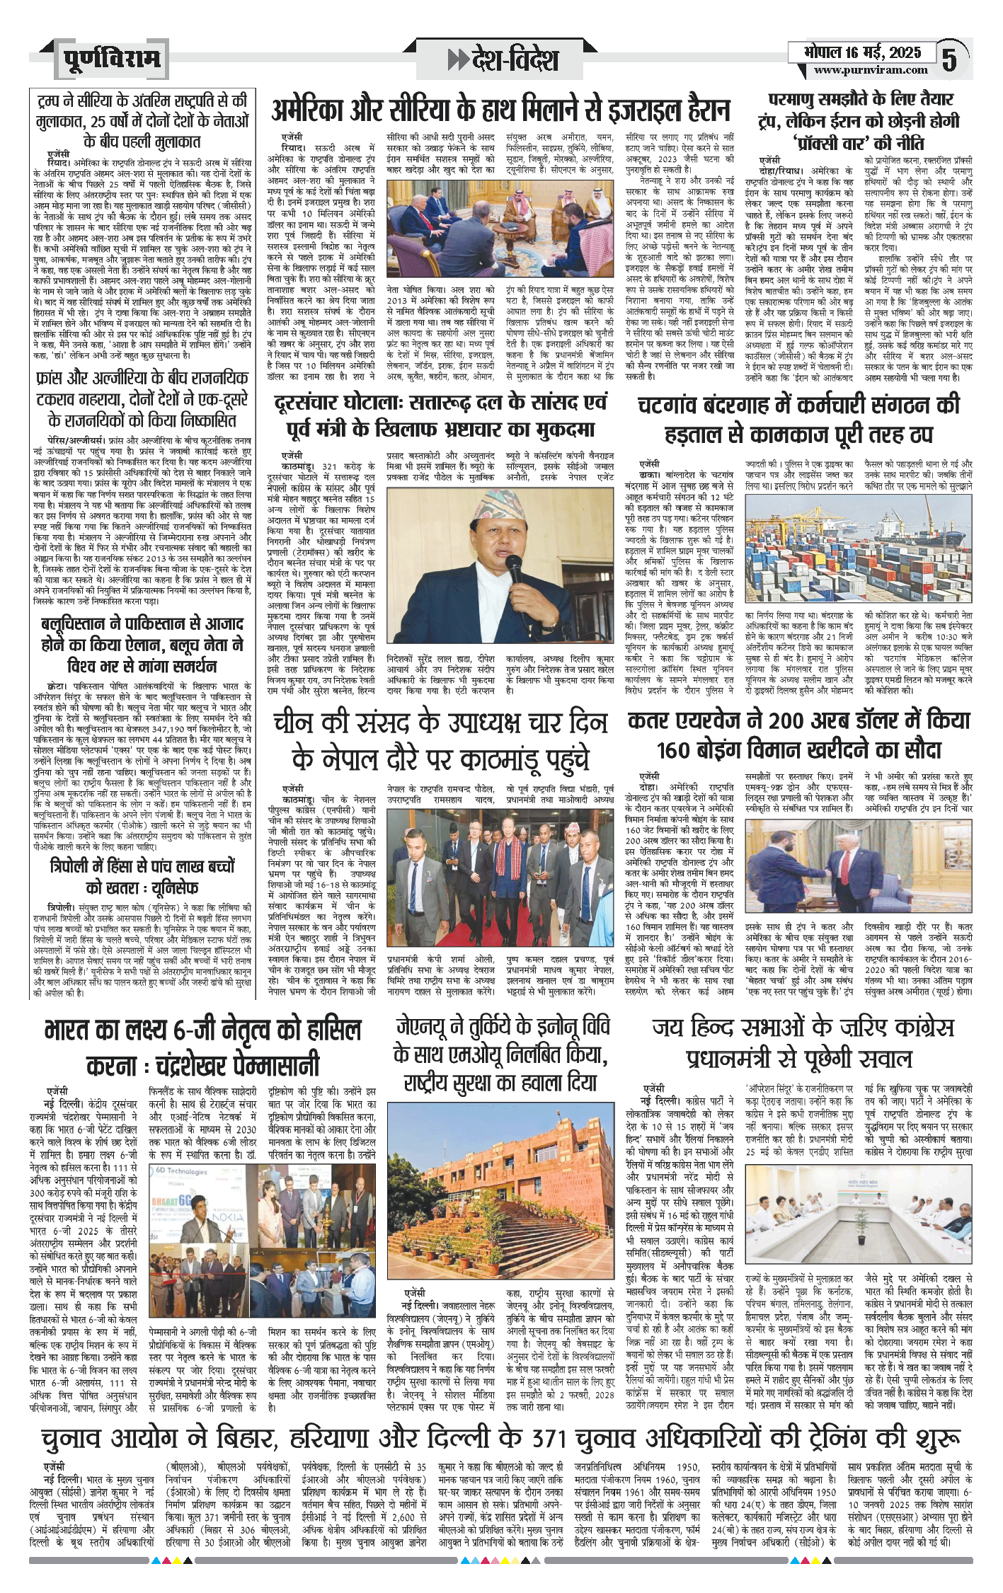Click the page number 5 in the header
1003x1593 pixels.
948,59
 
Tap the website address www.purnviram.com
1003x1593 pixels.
870,70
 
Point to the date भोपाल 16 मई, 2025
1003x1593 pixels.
861,52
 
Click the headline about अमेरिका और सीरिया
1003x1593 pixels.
500,110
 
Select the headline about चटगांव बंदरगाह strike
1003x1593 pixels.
798,419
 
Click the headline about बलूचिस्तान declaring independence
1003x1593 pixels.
142,645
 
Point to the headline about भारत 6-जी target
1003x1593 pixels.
202,1048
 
